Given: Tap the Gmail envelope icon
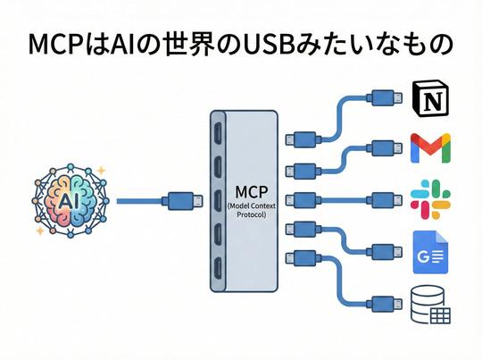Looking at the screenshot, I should [430, 149].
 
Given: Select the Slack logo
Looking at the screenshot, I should [430, 199].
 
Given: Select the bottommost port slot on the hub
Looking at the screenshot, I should [218, 267].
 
